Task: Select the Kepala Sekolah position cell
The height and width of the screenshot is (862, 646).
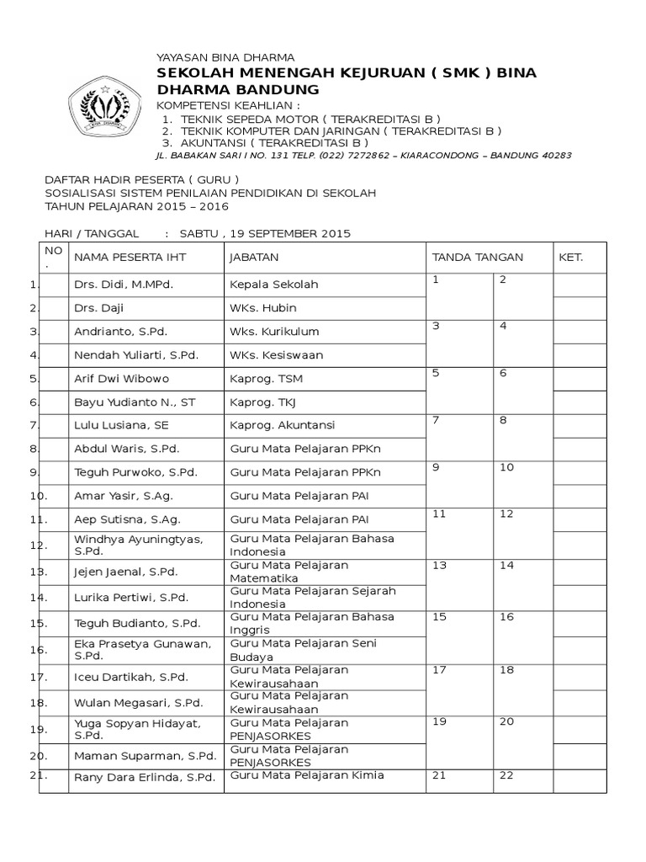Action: click(274, 285)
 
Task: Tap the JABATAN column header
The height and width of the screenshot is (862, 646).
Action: click(254, 257)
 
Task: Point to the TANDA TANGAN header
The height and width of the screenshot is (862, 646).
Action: click(477, 257)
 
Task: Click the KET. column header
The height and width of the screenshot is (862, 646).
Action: click(570, 257)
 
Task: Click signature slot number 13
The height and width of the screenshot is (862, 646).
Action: click(439, 566)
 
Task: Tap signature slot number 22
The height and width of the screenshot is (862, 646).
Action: click(506, 774)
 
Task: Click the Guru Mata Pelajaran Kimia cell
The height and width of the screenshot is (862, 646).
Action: click(307, 774)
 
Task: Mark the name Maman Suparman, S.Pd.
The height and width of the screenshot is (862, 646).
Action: click(145, 754)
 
